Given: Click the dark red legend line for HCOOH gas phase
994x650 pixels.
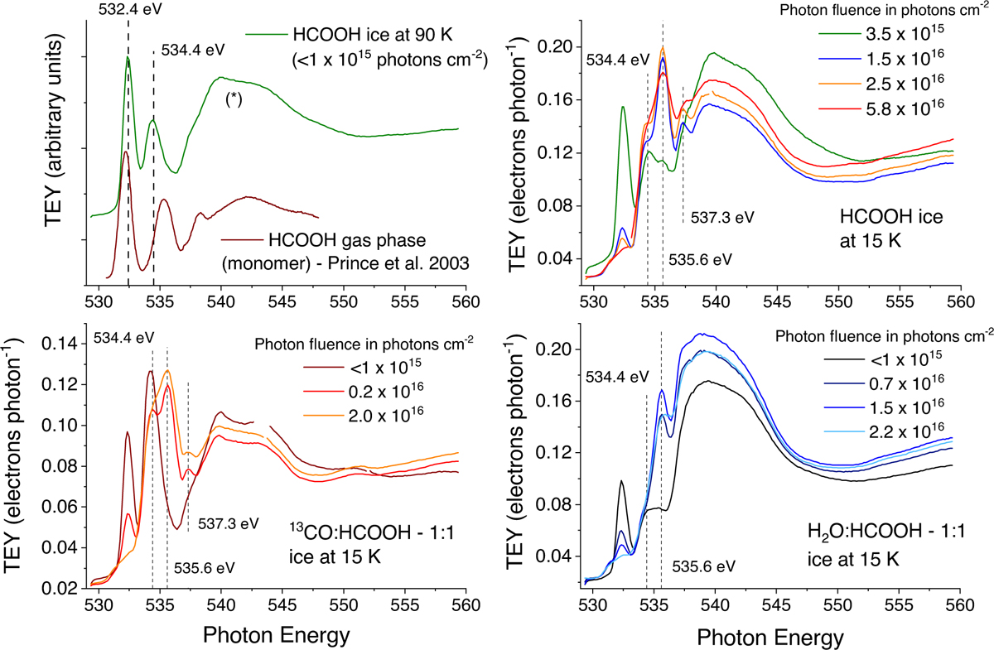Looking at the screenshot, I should point(241,240).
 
